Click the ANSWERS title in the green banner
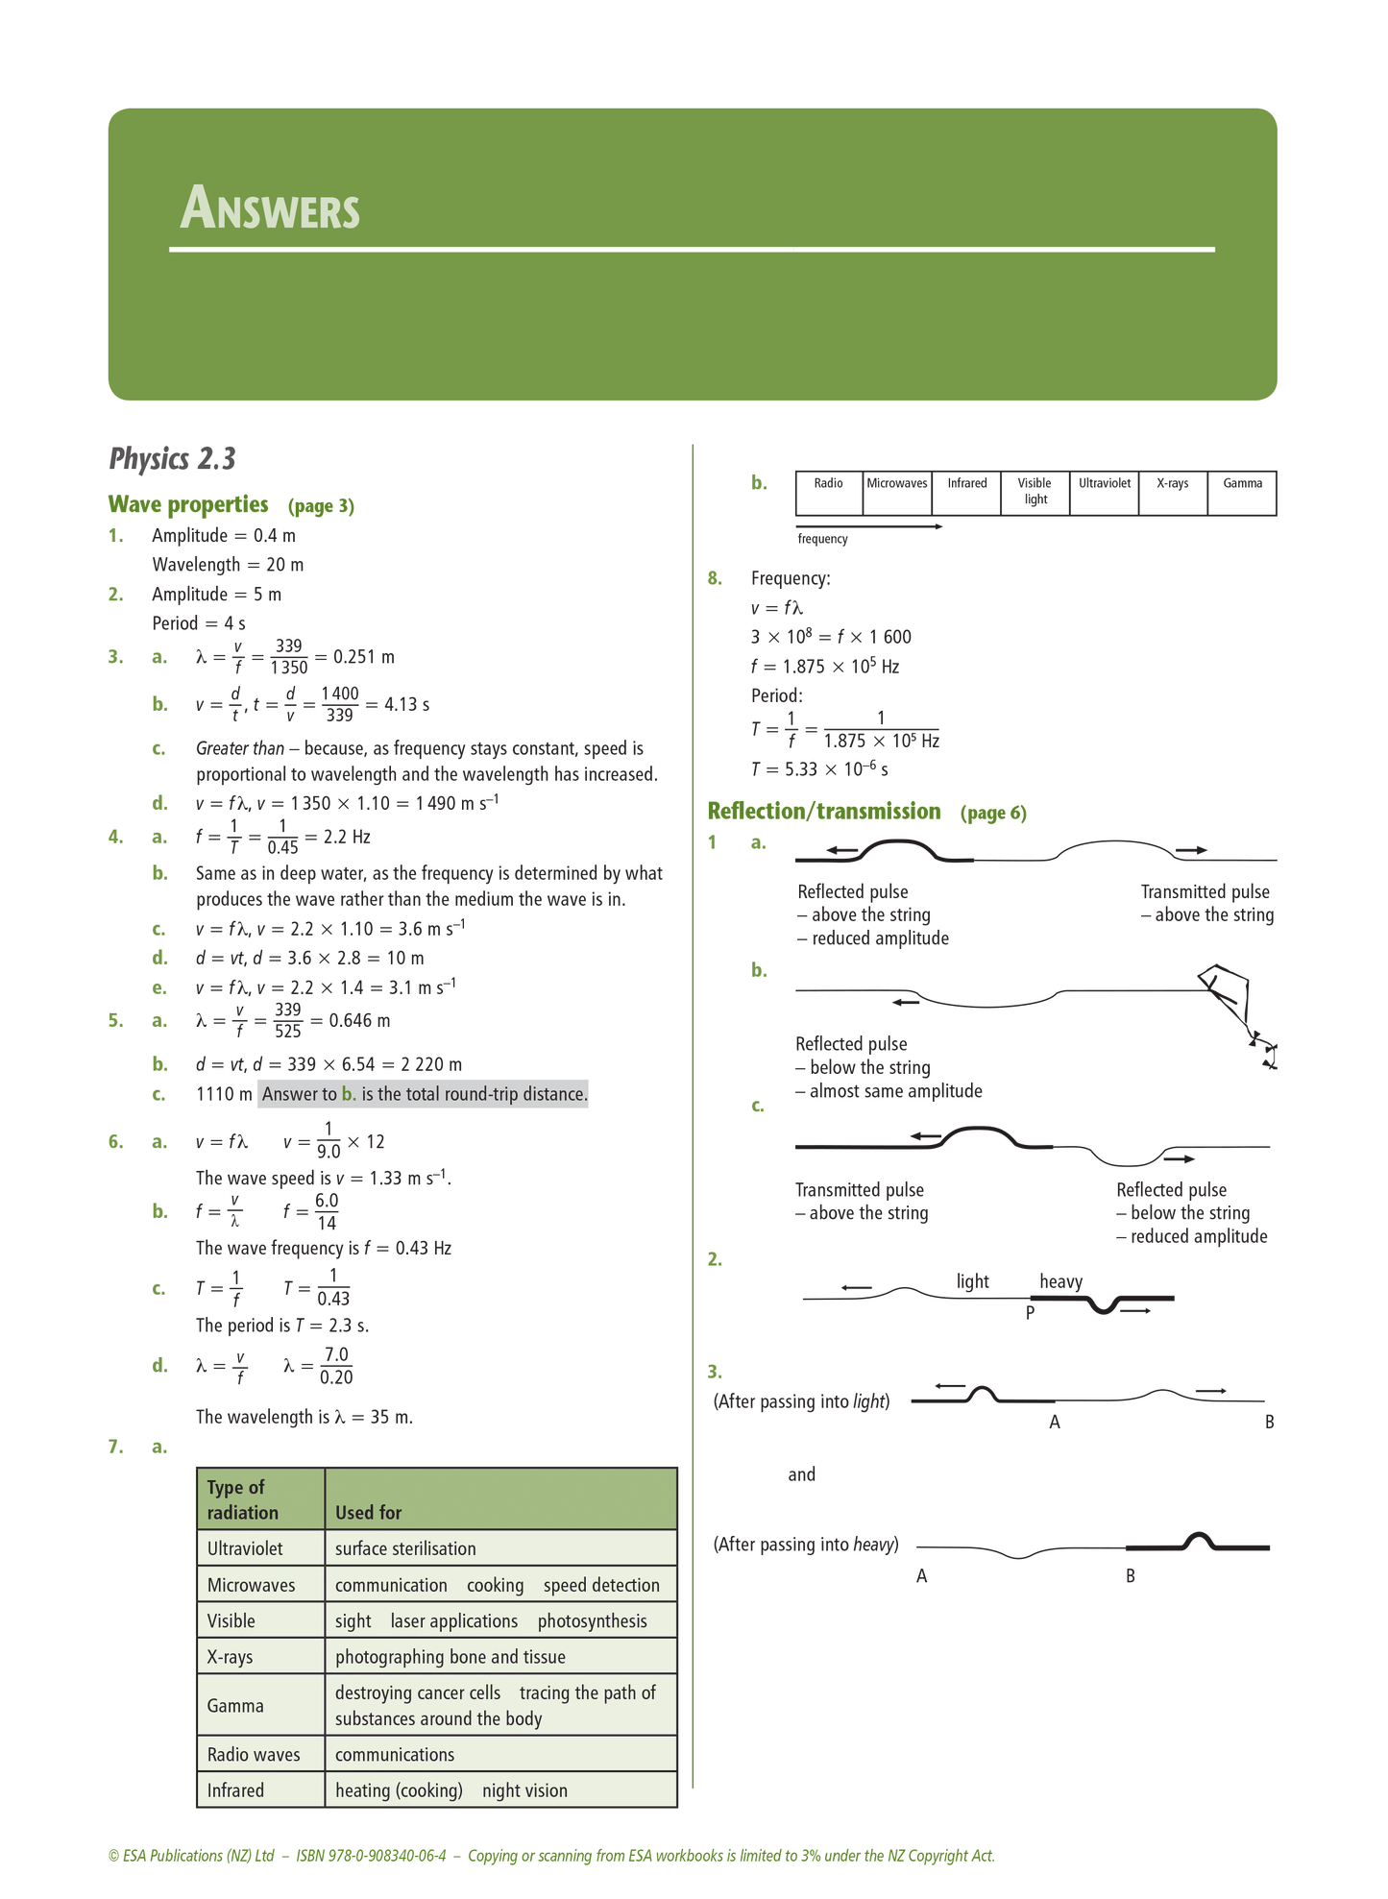coord(270,208)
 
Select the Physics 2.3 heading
coord(173,459)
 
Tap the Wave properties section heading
coord(188,504)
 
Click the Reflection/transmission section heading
coord(823,812)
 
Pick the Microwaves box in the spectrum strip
coord(897,484)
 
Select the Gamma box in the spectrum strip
coord(1242,484)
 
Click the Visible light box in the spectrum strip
coord(1035,491)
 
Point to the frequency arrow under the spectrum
coord(868,526)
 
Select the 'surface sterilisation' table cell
coord(405,1548)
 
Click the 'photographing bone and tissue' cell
coord(450,1657)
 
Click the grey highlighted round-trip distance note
coord(423,1094)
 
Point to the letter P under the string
coord(1030,1313)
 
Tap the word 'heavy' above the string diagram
coord(1060,1281)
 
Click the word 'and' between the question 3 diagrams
coord(801,1474)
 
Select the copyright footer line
coord(551,1856)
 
